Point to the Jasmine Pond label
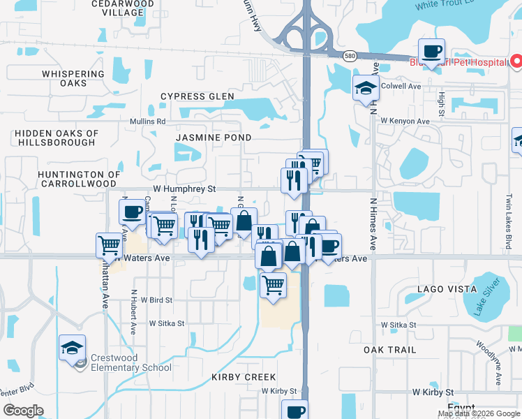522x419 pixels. pos(213,138)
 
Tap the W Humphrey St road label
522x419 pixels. pos(185,189)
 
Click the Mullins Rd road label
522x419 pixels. pos(147,121)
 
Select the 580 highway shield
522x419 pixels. pos(351,55)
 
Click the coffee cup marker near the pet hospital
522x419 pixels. pos(431,52)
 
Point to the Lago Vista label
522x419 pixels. pos(440,288)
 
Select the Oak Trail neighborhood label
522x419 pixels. pos(389,349)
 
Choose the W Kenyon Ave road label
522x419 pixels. pos(405,121)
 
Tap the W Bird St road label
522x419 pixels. pos(156,300)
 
